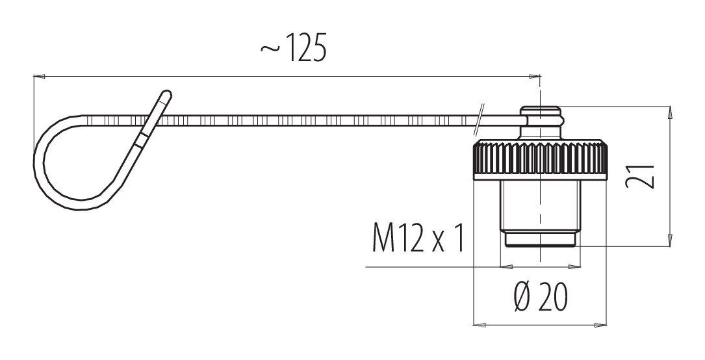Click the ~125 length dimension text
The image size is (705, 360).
pyautogui.click(x=293, y=47)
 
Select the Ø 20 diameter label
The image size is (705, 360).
pyautogui.click(x=541, y=297)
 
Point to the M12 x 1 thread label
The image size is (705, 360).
pyautogui.click(x=418, y=238)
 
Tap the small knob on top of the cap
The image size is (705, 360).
pyautogui.click(x=541, y=122)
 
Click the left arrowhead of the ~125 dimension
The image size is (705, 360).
pyautogui.click(x=40, y=77)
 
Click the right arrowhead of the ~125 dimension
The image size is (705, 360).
pyautogui.click(x=535, y=77)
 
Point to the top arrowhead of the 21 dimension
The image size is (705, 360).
pyautogui.click(x=670, y=112)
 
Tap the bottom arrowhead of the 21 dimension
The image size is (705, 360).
pyautogui.click(x=670, y=240)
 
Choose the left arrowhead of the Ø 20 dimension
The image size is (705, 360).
pyautogui.click(x=480, y=324)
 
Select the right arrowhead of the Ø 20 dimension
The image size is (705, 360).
pyautogui.click(x=601, y=324)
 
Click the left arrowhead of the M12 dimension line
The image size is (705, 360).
pyautogui.click(x=507, y=267)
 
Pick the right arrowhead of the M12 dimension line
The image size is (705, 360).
pyautogui.click(x=574, y=267)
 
